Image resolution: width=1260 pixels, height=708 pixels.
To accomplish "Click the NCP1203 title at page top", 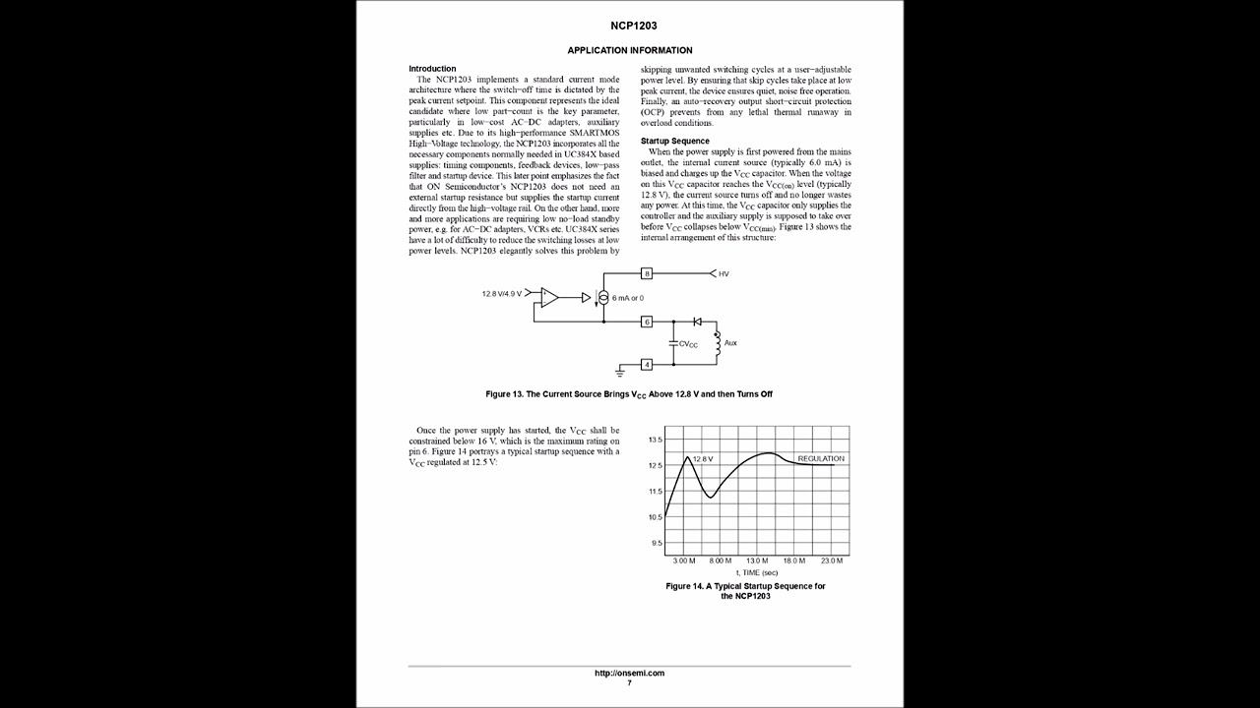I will [630, 26].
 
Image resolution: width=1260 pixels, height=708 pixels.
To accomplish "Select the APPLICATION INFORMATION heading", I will [630, 50].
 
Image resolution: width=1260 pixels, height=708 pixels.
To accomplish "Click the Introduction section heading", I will [432, 69].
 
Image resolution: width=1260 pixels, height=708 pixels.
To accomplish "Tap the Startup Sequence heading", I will [674, 141].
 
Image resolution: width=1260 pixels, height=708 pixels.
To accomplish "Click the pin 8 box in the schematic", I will [647, 273].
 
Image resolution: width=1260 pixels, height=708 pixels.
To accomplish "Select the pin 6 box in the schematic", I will [647, 322].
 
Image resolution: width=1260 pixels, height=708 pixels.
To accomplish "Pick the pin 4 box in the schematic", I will [647, 365].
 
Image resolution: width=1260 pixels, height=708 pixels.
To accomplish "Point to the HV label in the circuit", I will [724, 273].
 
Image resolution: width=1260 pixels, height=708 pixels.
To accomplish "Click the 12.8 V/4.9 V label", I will [501, 294].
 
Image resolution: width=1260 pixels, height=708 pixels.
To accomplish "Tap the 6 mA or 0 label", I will [627, 298].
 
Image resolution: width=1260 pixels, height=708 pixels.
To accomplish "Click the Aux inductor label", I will [730, 343].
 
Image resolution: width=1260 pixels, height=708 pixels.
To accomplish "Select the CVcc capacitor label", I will [688, 344].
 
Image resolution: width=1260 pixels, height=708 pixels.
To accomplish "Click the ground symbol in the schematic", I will [620, 372].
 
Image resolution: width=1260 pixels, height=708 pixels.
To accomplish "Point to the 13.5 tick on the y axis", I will [655, 440].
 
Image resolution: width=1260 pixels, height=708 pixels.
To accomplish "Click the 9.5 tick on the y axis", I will [657, 543].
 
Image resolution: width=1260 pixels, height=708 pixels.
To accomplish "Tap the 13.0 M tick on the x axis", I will [757, 560].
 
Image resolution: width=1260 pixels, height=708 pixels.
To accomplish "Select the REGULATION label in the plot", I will [821, 458].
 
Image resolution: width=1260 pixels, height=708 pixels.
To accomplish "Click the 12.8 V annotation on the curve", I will [703, 459].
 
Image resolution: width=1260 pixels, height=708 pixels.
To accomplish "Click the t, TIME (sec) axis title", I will [757, 572].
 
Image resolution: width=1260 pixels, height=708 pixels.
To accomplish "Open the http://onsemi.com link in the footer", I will [630, 674].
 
